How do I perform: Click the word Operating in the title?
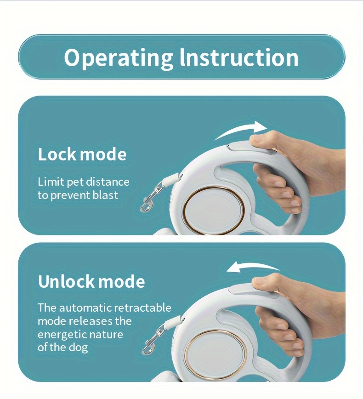coord(119,58)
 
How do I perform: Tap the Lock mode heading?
coord(82,154)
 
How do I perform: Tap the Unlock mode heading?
coord(91,281)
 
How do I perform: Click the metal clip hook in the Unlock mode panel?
coord(153,340)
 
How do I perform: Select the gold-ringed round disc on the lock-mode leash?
coord(214,211)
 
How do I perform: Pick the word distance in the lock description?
coord(108,182)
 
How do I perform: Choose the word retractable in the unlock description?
coord(142,308)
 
